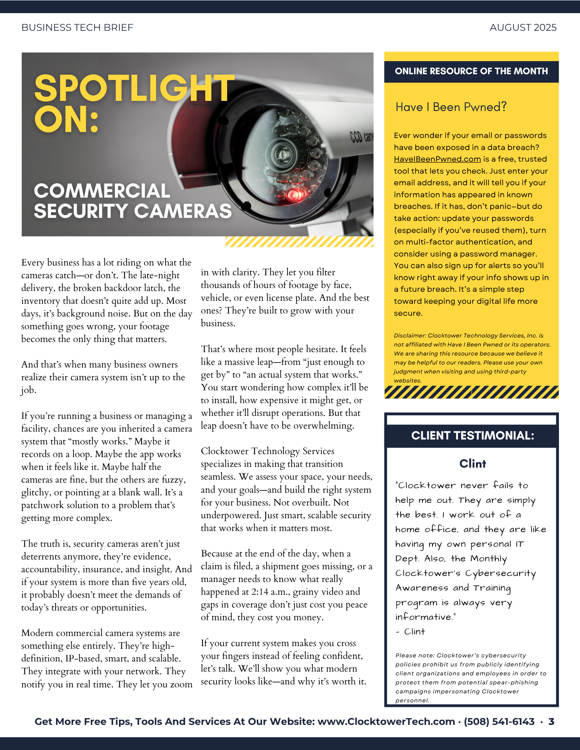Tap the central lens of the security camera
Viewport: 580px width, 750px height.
[x=281, y=153]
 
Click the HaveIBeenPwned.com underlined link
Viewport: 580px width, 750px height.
[x=437, y=159]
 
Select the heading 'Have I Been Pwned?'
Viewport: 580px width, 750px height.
[x=451, y=107]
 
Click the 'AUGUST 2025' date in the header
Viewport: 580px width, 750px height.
[x=523, y=28]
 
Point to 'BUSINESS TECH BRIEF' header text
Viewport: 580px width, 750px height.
[x=77, y=28]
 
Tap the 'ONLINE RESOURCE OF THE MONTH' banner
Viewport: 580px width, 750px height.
[x=471, y=71]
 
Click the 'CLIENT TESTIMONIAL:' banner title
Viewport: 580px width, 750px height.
[x=472, y=435]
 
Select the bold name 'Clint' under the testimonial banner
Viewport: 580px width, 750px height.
[x=473, y=464]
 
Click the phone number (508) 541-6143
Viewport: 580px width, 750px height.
[x=499, y=721]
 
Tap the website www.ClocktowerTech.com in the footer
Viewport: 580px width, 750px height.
[x=386, y=721]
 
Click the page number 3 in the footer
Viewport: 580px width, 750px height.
[x=551, y=721]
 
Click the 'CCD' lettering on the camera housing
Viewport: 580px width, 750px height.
[x=356, y=136]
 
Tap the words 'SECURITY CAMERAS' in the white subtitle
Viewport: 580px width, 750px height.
[x=133, y=211]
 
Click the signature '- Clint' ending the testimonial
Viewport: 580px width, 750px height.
[x=410, y=632]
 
